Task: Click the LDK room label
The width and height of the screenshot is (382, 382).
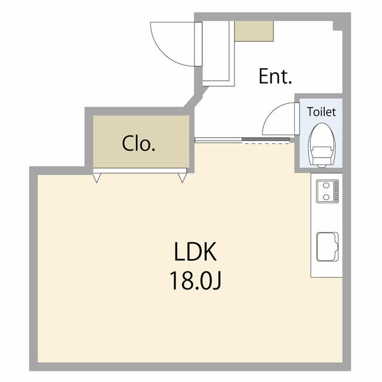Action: tap(195, 252)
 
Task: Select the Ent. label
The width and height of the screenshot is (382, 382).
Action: tap(275, 76)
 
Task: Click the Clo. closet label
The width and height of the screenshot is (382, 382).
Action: tap(138, 143)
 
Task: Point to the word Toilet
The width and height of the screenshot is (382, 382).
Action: tap(321, 112)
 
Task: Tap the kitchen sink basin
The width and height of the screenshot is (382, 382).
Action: tap(328, 247)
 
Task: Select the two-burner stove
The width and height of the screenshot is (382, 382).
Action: tap(328, 191)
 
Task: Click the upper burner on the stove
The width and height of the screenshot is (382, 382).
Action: tap(326, 186)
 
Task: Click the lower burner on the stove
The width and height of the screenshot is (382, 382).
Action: tap(326, 197)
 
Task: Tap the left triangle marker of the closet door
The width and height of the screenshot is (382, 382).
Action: tap(97, 178)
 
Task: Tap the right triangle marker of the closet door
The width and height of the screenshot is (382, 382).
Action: tap(182, 178)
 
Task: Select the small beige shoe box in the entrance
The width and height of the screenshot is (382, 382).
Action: tap(254, 31)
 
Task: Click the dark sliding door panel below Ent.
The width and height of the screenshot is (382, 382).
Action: tap(266, 139)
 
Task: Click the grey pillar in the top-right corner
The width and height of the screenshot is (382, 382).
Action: tap(338, 26)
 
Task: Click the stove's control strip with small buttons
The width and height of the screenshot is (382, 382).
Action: tap(336, 191)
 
